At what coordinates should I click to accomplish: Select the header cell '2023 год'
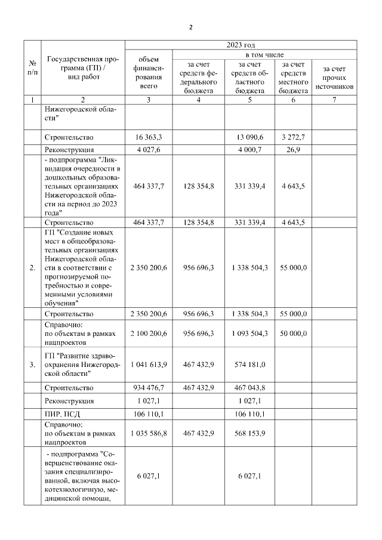pyautogui.click(x=241, y=45)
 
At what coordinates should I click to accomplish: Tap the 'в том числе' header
pyautogui.click(x=241, y=55)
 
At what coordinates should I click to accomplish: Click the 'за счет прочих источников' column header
pyautogui.click(x=334, y=78)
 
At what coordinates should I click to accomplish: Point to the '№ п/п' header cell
pyautogui.click(x=32, y=69)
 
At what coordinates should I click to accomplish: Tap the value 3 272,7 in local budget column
pyautogui.click(x=293, y=137)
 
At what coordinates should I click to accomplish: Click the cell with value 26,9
pyautogui.click(x=293, y=150)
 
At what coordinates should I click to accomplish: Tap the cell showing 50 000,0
pyautogui.click(x=293, y=332)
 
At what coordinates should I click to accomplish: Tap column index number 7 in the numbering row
pyautogui.click(x=334, y=100)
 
